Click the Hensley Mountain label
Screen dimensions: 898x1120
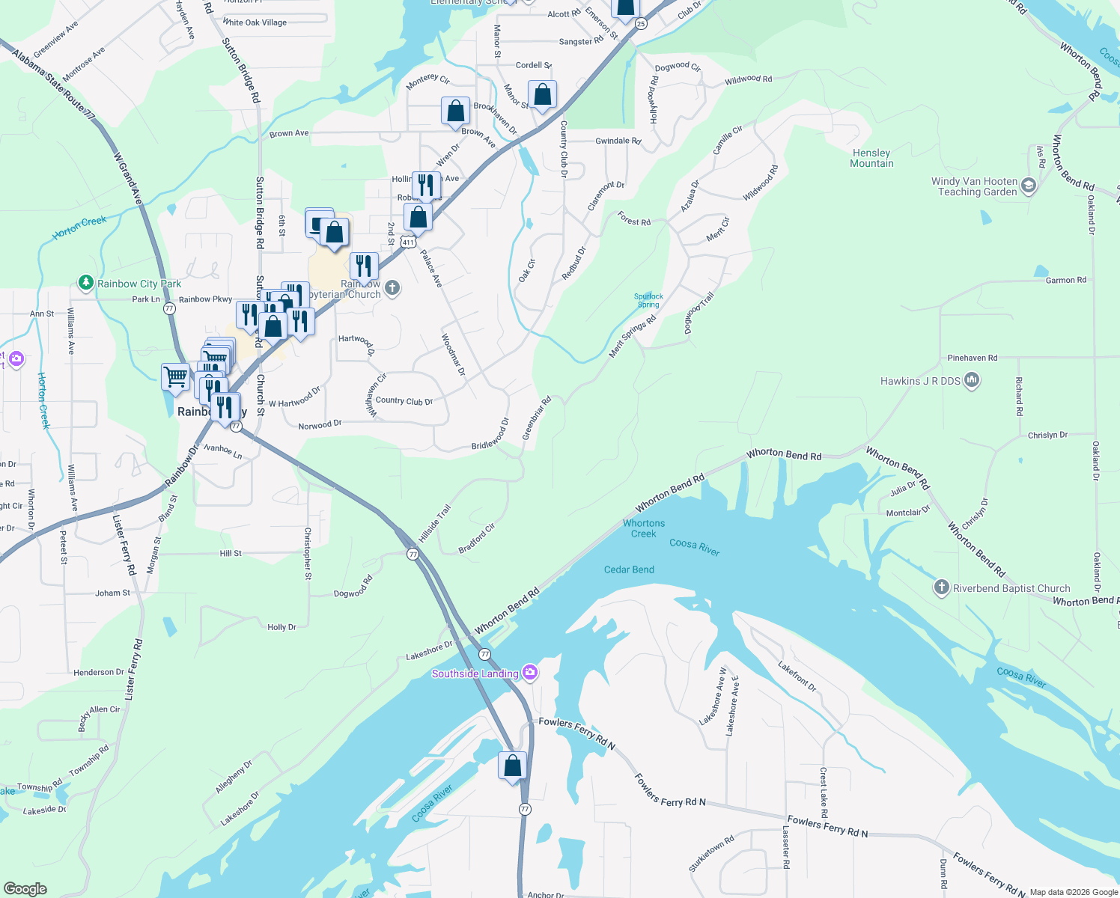871,158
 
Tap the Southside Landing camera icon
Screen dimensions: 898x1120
530,673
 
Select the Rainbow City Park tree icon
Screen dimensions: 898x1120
86,283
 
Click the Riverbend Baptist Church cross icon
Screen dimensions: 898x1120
942,587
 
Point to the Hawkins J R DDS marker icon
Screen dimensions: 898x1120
972,381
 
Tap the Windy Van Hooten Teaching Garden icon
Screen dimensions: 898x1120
1029,186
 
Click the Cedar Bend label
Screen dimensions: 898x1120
629,569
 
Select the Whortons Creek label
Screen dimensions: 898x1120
644,528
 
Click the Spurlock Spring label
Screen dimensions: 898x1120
648,300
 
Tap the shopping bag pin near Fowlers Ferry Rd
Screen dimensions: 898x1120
513,766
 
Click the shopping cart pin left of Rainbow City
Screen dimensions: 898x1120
175,376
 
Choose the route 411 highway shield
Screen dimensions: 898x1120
407,242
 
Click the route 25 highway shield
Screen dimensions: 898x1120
640,24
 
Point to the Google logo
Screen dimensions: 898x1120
25,889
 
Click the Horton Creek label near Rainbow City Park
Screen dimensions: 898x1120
79,227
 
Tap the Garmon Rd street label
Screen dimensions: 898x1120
1065,280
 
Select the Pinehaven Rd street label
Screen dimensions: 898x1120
972,358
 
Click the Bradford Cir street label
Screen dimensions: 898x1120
477,539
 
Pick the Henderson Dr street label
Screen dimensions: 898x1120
99,672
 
